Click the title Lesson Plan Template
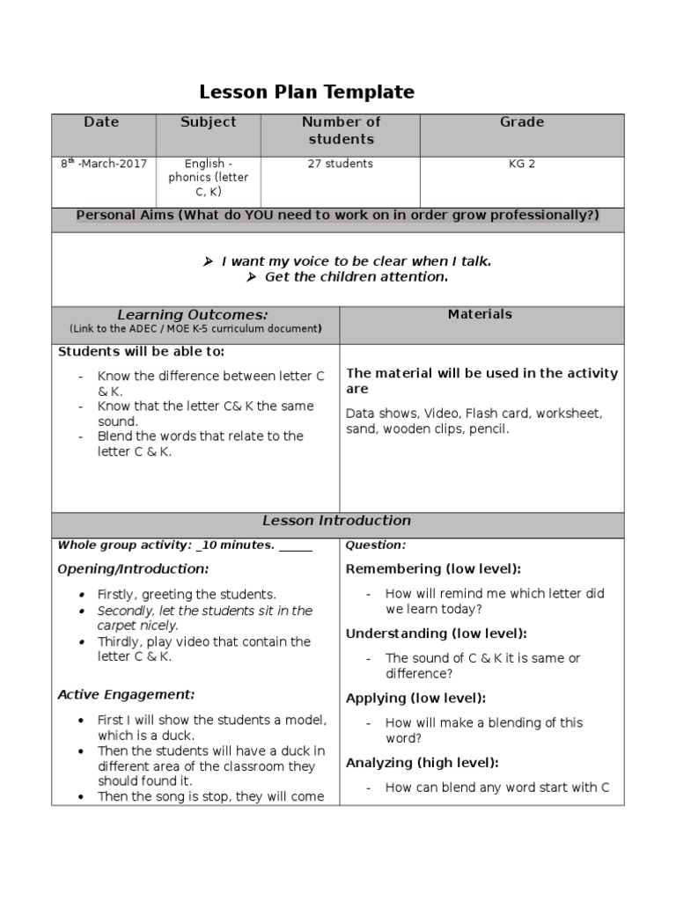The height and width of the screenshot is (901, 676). [306, 92]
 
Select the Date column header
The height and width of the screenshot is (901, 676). [101, 122]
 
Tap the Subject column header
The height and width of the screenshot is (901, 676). [208, 122]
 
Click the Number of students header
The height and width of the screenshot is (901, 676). [341, 130]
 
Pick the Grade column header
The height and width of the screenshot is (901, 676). [522, 122]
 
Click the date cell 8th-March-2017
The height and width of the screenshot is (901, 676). [103, 164]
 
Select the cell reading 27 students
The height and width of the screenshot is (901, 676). [341, 164]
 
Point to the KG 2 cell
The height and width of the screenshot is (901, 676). [522, 164]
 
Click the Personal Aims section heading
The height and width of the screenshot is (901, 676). [338, 216]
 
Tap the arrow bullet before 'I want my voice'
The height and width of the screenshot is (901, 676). [208, 261]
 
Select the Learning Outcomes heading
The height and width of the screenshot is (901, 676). [193, 315]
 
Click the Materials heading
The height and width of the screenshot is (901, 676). [480, 314]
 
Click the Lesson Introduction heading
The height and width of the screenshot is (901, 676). [338, 521]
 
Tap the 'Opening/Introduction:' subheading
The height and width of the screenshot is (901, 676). [133, 569]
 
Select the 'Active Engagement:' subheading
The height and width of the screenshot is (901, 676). [126, 694]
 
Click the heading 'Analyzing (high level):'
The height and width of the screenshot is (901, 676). [422, 763]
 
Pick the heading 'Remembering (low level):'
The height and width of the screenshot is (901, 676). [433, 569]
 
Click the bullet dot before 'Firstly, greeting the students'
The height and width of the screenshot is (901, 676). [81, 595]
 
